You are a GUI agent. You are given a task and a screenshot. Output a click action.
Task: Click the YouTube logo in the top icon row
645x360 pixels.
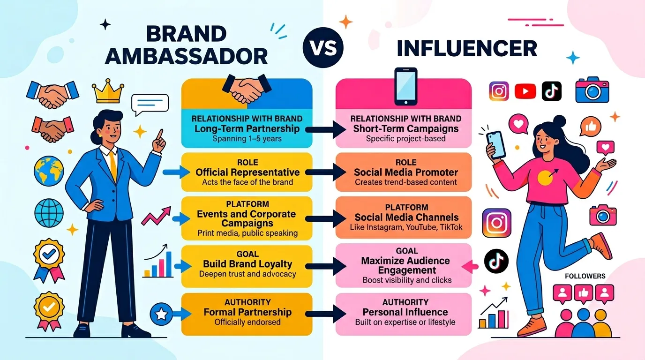coord(525,91)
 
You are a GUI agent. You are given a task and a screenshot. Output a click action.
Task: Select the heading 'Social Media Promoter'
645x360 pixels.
coord(406,172)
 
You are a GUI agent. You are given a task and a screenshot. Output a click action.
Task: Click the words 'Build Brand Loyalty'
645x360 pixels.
coord(247,263)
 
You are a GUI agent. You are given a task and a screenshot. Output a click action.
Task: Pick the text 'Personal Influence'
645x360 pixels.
coord(405,312)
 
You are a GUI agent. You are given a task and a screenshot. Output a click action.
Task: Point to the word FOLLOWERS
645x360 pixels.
coord(585,276)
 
